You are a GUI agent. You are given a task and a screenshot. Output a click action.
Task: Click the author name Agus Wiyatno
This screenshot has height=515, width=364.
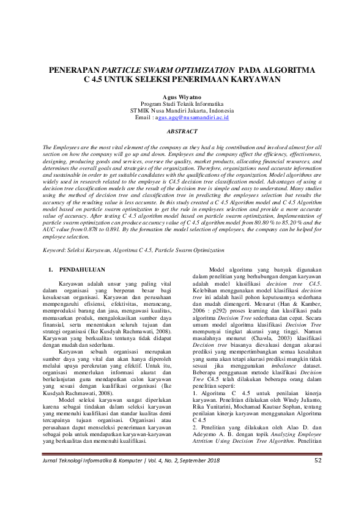(x=182, y=97)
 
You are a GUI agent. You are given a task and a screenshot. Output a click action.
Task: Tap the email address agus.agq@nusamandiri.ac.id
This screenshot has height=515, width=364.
(x=193, y=116)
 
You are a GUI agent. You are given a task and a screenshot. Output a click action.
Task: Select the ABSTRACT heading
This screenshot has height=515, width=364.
(x=182, y=132)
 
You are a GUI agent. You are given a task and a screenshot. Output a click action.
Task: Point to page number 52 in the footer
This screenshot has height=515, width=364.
(x=318, y=494)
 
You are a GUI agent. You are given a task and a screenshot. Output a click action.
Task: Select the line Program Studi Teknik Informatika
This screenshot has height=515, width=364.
(x=182, y=103)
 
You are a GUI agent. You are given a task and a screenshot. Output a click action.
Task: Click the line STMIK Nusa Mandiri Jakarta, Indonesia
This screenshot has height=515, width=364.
(x=182, y=109)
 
